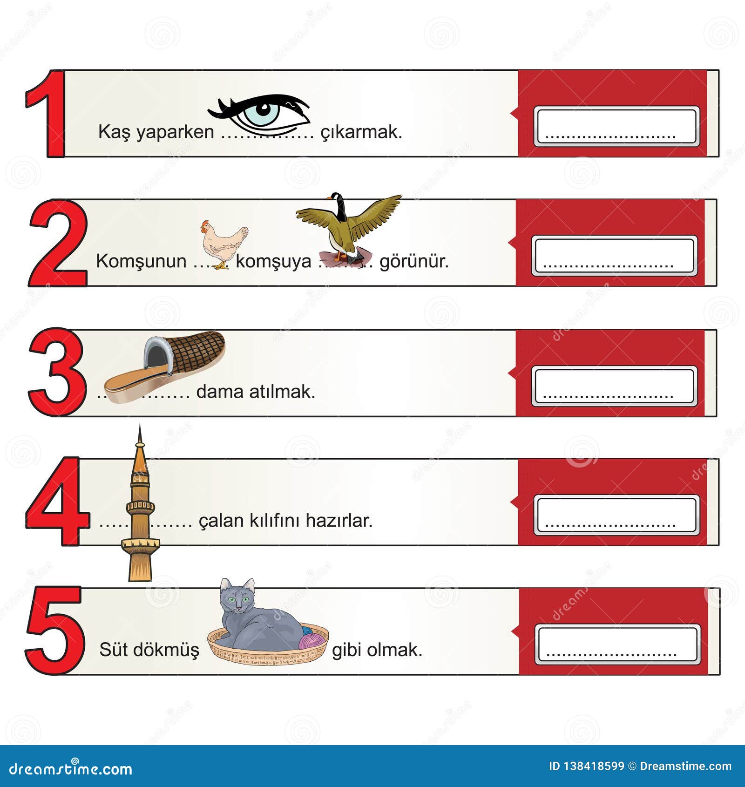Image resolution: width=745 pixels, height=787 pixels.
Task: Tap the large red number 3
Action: click(x=57, y=372)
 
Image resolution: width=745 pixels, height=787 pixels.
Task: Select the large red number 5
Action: click(x=55, y=630)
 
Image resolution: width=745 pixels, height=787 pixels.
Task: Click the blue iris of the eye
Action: click(x=263, y=111)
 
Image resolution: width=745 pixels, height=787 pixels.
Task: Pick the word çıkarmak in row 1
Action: click(x=361, y=132)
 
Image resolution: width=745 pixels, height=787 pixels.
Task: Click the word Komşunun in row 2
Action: click(x=141, y=261)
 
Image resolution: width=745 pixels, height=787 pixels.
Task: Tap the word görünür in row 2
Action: click(x=414, y=261)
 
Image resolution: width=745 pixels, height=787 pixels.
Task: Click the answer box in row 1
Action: click(x=616, y=126)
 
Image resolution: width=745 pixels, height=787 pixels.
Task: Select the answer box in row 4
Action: click(x=616, y=515)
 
